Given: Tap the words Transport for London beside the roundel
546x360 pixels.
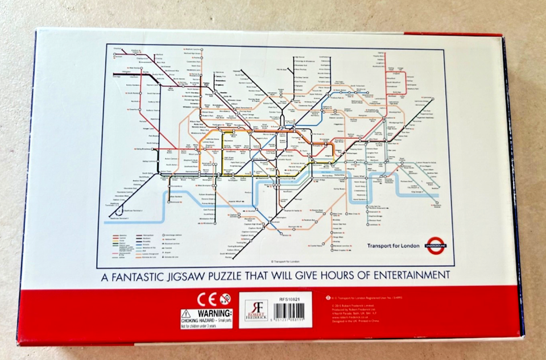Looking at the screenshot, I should point(393,246).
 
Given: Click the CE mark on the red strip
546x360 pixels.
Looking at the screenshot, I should point(208,299).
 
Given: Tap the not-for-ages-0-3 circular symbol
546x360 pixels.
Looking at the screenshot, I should point(225,299).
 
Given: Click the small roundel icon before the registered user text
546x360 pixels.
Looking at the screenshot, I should point(328,297).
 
